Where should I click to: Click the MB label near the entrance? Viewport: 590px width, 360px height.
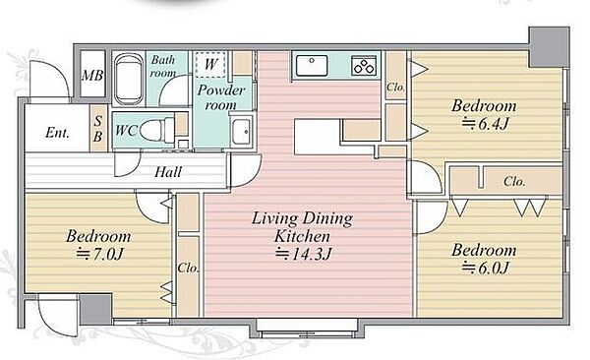click(92, 76)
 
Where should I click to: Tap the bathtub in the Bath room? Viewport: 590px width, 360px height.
click(129, 79)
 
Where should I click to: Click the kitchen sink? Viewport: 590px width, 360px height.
click(312, 66)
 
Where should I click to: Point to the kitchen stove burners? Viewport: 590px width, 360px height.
click(364, 65)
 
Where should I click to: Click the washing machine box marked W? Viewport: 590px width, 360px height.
click(210, 64)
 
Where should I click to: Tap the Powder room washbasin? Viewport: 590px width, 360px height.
click(241, 132)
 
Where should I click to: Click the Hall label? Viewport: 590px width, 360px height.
click(168, 172)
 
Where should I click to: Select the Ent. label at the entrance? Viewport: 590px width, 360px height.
click(57, 133)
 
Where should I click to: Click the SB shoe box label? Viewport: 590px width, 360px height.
click(97, 129)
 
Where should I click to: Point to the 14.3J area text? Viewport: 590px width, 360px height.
click(303, 254)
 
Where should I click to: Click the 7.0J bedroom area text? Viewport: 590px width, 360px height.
click(99, 254)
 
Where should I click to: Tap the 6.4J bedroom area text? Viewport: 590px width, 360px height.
click(486, 123)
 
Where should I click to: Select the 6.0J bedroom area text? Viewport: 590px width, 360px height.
click(485, 268)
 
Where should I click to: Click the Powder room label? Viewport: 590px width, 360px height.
click(221, 97)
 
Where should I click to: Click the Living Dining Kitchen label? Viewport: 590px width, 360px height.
click(302, 227)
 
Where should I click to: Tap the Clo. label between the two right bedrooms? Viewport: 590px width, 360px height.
click(514, 182)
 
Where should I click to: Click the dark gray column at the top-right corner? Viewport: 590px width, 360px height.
click(549, 47)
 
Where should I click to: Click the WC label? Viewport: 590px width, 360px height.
click(126, 130)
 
